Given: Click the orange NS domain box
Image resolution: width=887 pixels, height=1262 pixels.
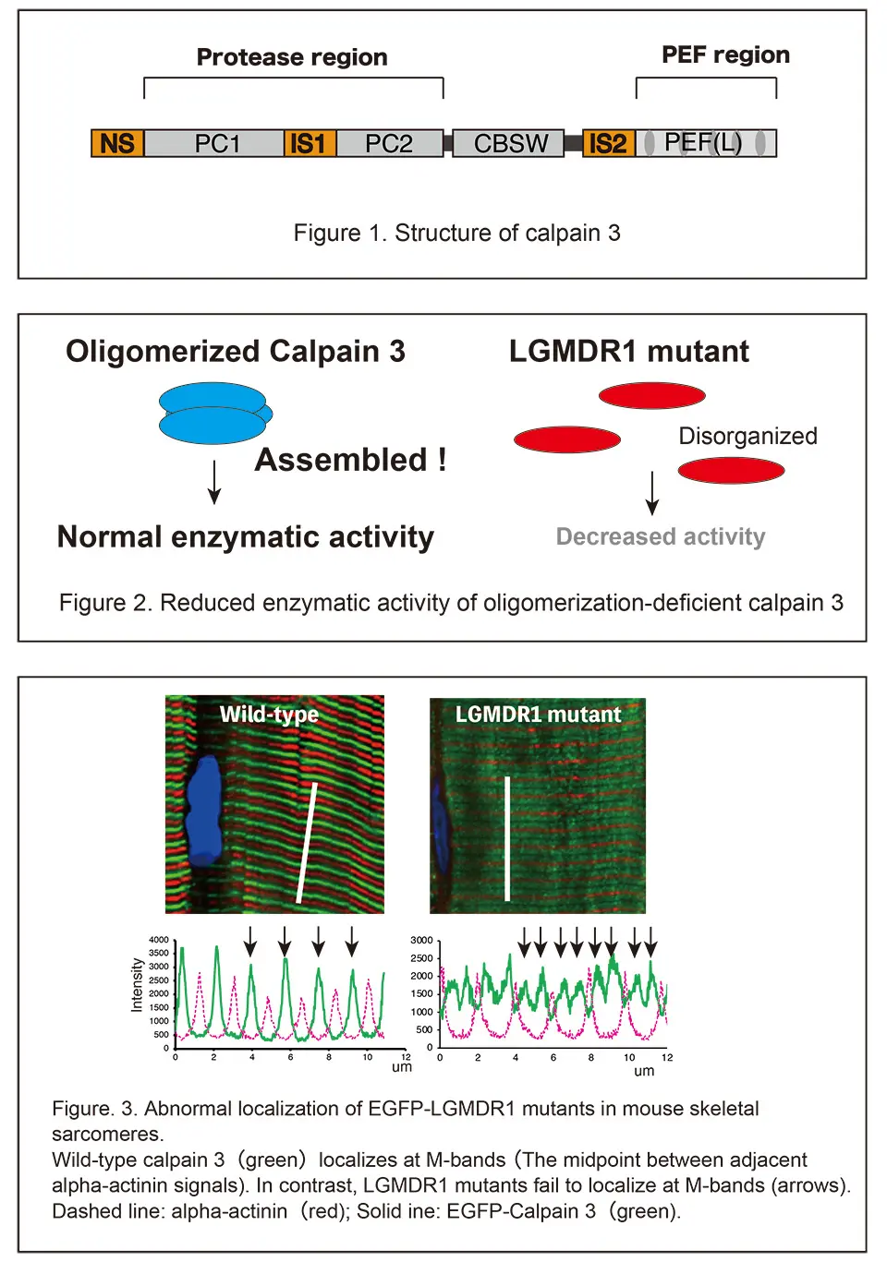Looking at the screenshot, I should [117, 143].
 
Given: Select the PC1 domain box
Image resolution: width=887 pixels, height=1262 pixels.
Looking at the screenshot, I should [215, 143].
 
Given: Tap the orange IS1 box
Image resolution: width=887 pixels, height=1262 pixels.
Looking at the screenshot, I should [309, 143].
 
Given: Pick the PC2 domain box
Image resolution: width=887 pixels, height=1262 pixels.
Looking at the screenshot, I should [389, 143].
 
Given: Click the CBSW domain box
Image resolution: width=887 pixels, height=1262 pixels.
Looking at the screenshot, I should [509, 143].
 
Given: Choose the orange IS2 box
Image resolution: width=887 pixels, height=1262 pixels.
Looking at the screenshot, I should [608, 143].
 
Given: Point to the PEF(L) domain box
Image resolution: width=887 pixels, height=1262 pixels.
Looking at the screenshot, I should [704, 143].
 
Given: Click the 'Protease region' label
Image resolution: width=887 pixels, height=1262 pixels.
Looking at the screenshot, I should [292, 57].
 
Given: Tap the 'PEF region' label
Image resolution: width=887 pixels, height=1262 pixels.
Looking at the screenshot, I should [725, 55].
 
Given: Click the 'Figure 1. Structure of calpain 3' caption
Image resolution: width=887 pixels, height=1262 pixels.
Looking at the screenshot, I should [456, 233].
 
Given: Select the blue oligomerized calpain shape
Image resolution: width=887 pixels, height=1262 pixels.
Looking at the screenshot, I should [214, 414].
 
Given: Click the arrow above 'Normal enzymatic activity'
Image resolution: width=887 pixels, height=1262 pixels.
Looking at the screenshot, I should [214, 481].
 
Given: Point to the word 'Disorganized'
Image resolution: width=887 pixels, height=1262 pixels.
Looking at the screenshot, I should [747, 436].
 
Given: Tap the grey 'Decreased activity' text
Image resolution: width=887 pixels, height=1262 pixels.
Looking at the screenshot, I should [661, 537].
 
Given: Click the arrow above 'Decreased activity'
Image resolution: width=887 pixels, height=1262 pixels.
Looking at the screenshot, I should [652, 492].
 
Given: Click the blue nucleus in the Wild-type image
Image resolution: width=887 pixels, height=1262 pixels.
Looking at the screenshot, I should [204, 810].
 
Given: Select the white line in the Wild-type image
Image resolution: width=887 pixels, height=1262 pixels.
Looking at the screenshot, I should [307, 842].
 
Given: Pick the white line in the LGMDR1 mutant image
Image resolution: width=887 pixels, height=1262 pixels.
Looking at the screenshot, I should [507, 837].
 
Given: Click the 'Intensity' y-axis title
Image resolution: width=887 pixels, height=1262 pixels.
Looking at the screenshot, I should [137, 985].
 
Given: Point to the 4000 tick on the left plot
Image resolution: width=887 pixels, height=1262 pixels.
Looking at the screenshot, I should [159, 940].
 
